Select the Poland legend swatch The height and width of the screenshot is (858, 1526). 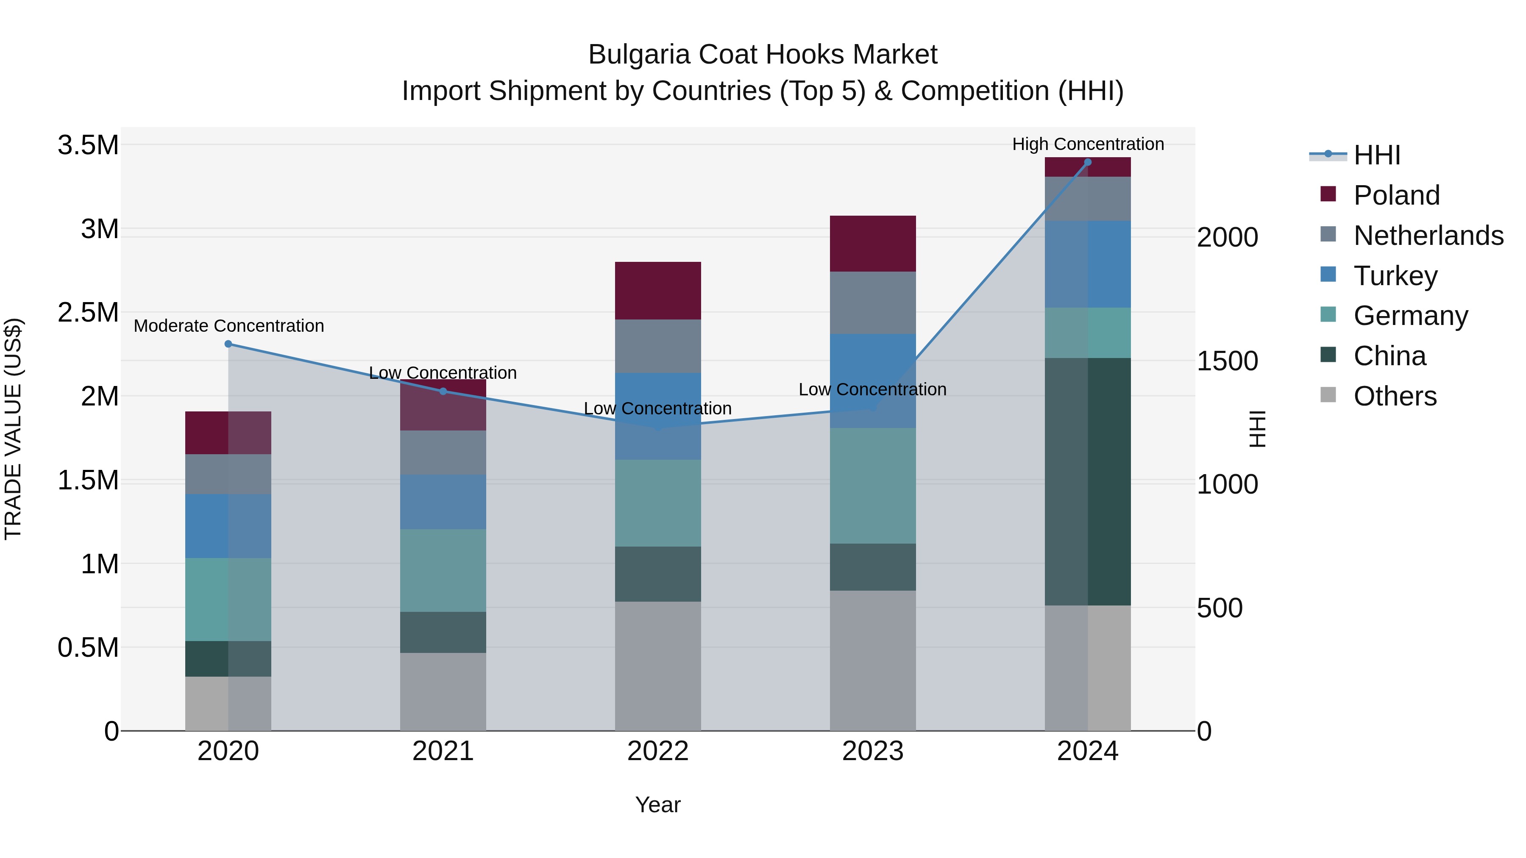[x=1328, y=194]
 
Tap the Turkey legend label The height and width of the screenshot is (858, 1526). [x=1395, y=276]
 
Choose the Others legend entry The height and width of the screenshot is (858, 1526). [x=1395, y=396]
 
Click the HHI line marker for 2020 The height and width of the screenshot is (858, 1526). [x=228, y=344]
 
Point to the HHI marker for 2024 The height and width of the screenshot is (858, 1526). [x=1088, y=162]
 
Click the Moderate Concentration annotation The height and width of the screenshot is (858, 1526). [x=228, y=326]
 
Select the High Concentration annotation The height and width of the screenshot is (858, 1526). [x=1088, y=144]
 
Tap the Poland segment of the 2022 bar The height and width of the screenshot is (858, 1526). [x=657, y=291]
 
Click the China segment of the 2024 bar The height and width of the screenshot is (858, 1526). [x=1088, y=481]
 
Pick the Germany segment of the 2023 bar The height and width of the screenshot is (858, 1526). [x=873, y=486]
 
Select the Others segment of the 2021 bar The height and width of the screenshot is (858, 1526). [x=443, y=691]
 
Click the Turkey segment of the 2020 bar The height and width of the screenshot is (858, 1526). [x=228, y=526]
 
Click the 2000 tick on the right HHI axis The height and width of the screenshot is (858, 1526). [x=1227, y=237]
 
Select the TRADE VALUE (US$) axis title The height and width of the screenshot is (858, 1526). [x=13, y=429]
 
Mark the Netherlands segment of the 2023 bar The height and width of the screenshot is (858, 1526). [x=873, y=303]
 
